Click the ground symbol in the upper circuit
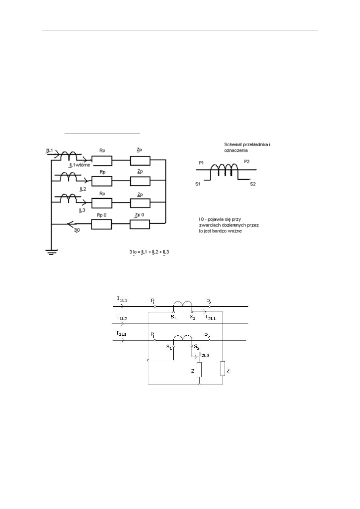(51, 253)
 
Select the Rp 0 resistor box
(102, 224)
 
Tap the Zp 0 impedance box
(140, 224)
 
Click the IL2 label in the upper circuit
(82, 188)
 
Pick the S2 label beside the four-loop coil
(253, 184)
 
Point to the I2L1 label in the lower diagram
(212, 318)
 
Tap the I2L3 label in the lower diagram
(204, 355)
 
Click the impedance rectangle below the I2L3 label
(199, 370)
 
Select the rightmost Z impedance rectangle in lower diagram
(223, 369)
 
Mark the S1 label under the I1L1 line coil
(173, 317)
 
